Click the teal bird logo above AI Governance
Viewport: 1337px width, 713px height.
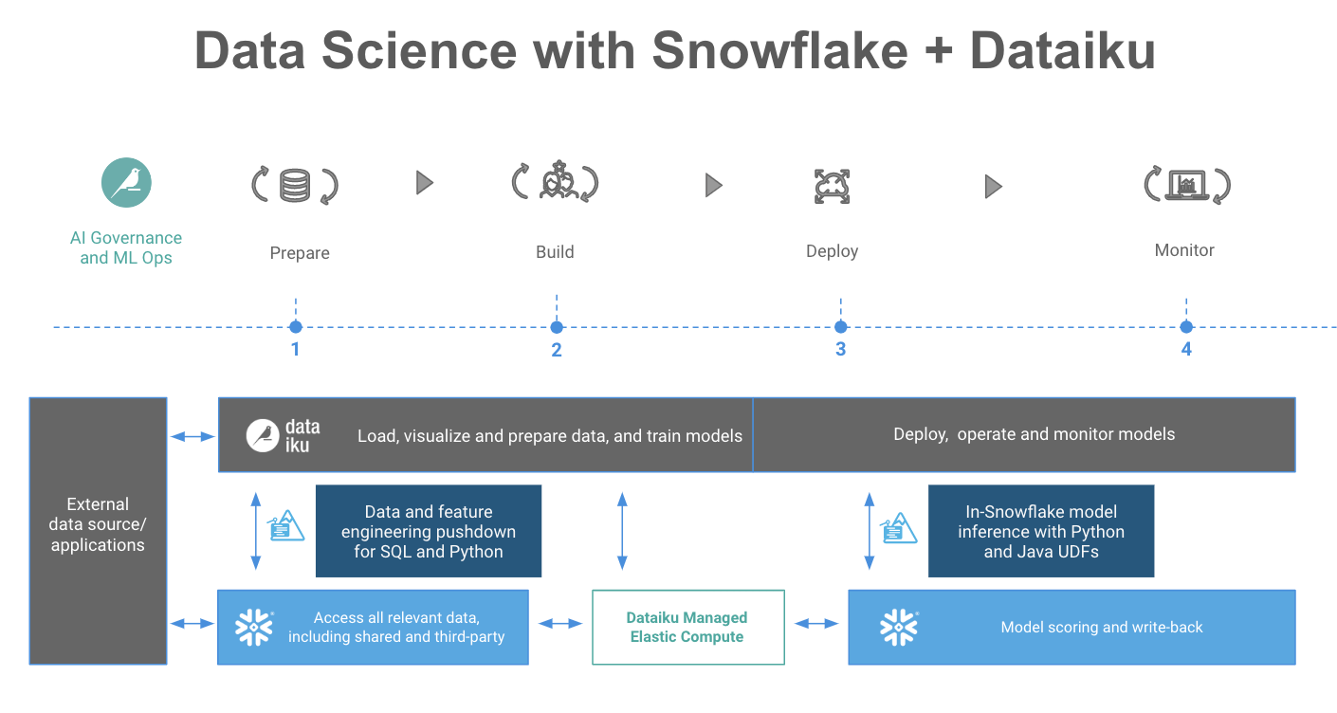pos(126,182)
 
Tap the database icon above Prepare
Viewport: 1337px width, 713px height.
pos(295,184)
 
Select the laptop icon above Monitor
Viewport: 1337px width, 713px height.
pos(1186,184)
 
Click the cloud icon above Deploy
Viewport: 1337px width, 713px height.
pos(833,186)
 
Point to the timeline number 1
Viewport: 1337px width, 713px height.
pos(296,350)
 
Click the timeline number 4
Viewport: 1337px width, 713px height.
pos(1185,350)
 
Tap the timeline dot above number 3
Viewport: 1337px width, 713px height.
pos(840,327)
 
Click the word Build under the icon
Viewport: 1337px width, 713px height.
pos(555,252)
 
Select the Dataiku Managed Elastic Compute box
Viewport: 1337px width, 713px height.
pos(688,627)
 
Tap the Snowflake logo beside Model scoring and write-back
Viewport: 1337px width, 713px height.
pos(898,627)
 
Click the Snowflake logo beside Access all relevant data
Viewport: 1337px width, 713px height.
pos(253,627)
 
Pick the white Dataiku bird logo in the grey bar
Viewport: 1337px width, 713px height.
pos(263,436)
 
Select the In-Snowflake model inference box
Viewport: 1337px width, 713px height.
pos(1040,531)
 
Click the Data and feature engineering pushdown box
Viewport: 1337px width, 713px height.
pos(428,531)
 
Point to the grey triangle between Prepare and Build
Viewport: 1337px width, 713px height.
pos(425,182)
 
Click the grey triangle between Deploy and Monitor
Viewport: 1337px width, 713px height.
pos(993,186)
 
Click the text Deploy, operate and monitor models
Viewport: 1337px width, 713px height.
pos(1034,434)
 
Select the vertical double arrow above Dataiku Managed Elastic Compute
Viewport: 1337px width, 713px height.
pos(622,531)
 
